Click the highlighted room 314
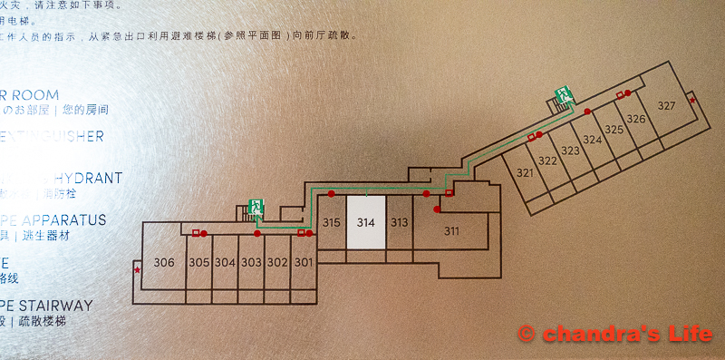click(x=366, y=222)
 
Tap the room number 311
click(x=451, y=230)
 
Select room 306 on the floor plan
click(x=164, y=263)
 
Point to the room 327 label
click(x=666, y=106)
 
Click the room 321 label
click(x=525, y=172)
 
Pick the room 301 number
click(x=303, y=263)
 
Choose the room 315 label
click(x=331, y=222)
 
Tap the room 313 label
click(x=399, y=222)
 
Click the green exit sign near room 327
click(x=564, y=92)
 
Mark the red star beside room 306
click(x=137, y=269)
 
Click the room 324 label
click(x=592, y=140)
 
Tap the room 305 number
click(x=199, y=263)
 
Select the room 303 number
click(x=251, y=263)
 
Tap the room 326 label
click(x=635, y=119)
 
